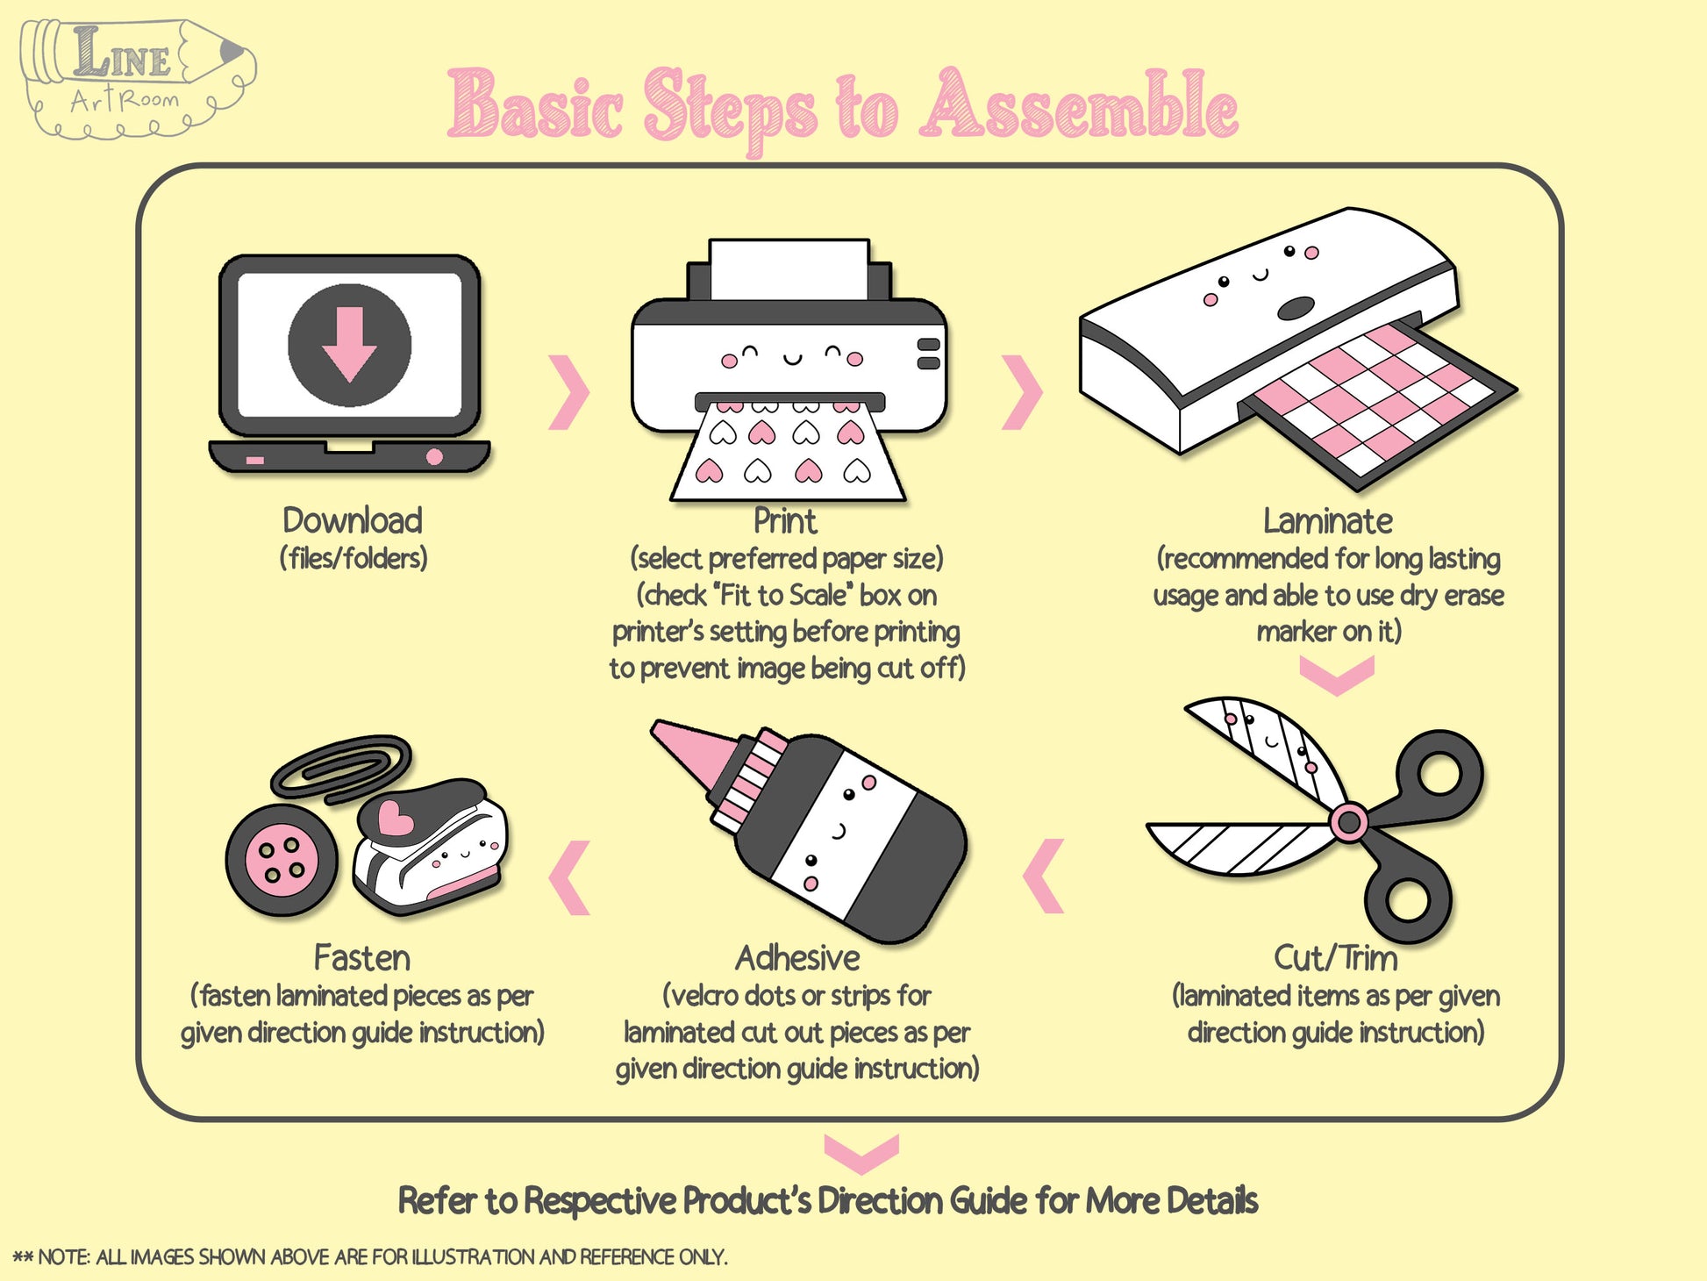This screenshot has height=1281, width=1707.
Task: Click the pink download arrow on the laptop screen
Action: [x=349, y=343]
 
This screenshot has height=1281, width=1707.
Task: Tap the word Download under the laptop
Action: [x=353, y=520]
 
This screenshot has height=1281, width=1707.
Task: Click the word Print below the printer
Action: [x=785, y=521]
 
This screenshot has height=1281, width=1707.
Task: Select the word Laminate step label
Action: [x=1327, y=521]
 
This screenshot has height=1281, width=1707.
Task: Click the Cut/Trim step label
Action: [x=1336, y=958]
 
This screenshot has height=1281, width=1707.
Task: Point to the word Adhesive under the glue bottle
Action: [x=797, y=958]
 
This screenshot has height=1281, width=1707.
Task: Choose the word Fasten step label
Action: [x=362, y=958]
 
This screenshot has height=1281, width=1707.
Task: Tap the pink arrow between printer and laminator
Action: [x=1022, y=392]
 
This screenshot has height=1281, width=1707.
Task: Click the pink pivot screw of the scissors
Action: [x=1348, y=822]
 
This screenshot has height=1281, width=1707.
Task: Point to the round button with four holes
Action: [x=282, y=861]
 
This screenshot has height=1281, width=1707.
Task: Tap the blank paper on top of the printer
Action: [x=789, y=269]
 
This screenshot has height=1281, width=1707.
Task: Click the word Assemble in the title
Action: [x=1079, y=106]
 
